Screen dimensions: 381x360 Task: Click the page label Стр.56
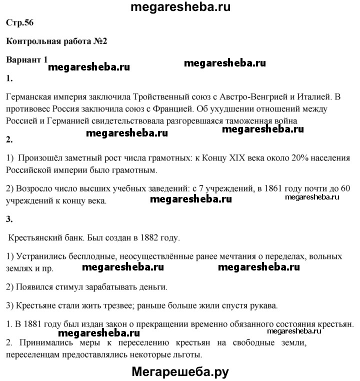click(20, 23)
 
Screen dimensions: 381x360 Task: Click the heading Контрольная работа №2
click(56, 41)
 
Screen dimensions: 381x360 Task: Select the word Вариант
click(24, 60)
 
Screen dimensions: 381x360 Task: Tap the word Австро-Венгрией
click(240, 95)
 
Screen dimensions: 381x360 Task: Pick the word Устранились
click(41, 256)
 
